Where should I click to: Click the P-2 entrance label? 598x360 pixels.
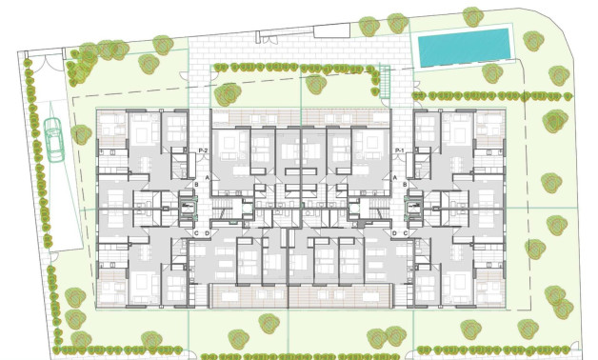tap(202, 151)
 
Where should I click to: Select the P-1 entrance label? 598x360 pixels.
tap(400, 151)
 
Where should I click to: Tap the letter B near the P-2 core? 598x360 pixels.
tap(195, 183)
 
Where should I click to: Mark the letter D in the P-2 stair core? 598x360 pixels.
tap(206, 233)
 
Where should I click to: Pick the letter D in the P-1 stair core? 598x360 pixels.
tap(394, 233)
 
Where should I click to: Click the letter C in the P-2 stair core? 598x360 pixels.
tap(195, 233)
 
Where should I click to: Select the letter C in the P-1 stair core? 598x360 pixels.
tap(405, 233)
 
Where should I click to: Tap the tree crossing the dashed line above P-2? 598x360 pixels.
tap(228, 93)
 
